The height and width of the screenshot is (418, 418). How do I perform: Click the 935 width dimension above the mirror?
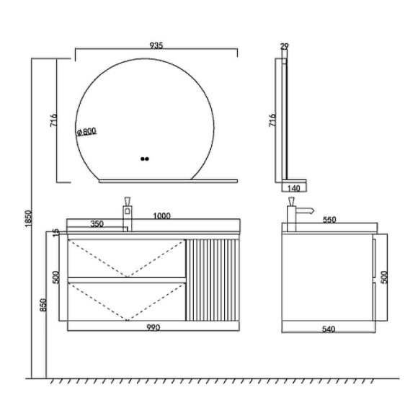click(x=156, y=45)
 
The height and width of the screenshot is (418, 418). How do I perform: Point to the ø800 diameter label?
click(x=86, y=131)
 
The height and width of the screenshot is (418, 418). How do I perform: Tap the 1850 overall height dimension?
click(x=28, y=218)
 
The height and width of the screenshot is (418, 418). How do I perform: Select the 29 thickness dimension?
click(x=285, y=46)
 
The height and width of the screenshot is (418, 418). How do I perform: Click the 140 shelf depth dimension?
click(x=294, y=189)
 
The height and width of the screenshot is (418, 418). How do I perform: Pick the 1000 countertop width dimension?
click(x=161, y=215)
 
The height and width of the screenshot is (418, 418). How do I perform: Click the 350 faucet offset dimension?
click(x=97, y=223)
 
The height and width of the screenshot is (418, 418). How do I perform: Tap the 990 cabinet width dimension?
click(x=154, y=327)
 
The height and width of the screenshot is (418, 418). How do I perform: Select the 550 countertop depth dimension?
click(x=329, y=220)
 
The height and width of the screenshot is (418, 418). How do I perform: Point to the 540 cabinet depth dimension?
click(x=329, y=329)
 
